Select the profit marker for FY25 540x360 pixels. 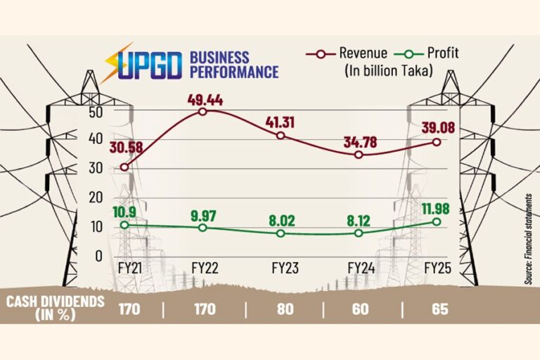(x=437, y=221)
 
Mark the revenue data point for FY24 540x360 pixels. (x=359, y=155)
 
